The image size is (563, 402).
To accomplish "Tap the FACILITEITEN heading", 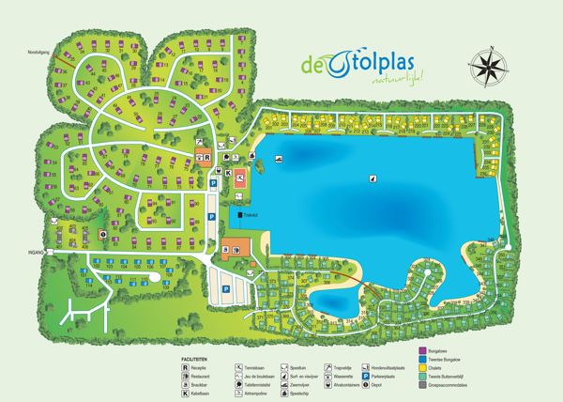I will pos(197,359).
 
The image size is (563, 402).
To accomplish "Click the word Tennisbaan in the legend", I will pos(254,367).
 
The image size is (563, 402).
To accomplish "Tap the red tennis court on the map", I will pos(241,176).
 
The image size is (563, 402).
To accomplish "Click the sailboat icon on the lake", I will pos(373,177).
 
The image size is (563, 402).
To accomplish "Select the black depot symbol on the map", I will pos(101,234).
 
